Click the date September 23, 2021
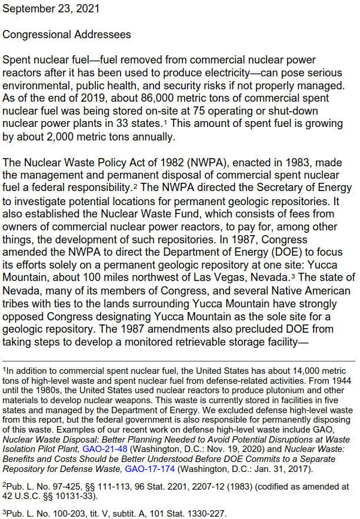point(51,9)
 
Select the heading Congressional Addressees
point(67,35)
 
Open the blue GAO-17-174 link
point(150,468)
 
